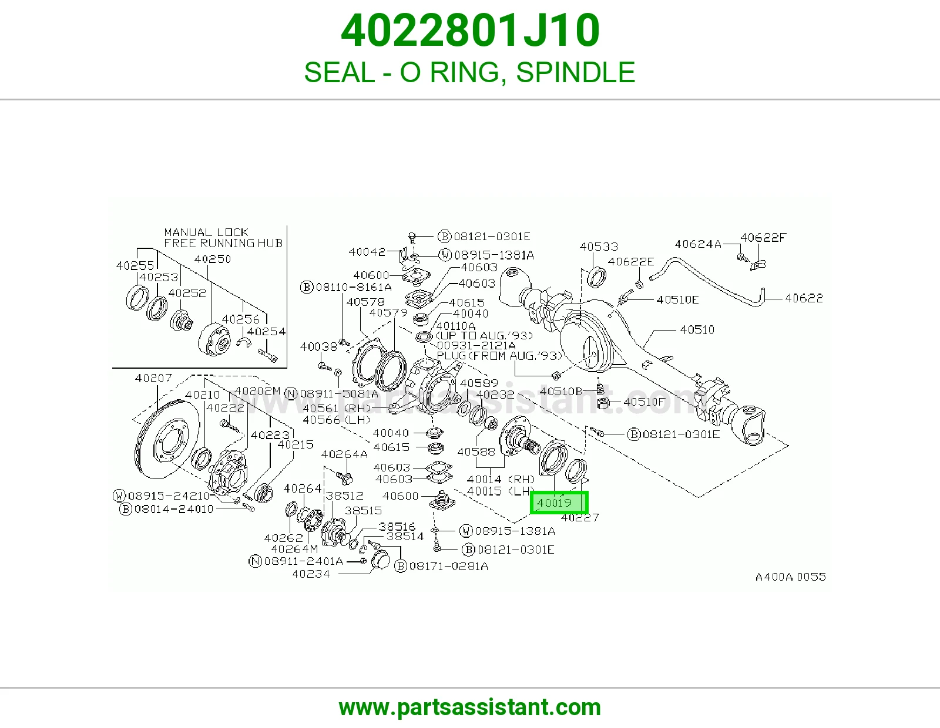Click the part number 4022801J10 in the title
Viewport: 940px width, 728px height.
[x=470, y=31]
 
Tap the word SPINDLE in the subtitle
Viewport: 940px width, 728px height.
[x=575, y=72]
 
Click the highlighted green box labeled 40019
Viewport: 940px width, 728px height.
[x=559, y=503]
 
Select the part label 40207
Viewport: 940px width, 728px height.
[x=153, y=378]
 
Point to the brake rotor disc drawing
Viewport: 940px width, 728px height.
[x=166, y=439]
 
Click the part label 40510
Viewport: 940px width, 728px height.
[x=697, y=330]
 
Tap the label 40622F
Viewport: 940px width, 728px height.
[x=763, y=237]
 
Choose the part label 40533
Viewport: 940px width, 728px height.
[x=599, y=247]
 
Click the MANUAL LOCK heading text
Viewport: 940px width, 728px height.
[x=206, y=232]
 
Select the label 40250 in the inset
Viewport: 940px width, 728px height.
[x=213, y=259]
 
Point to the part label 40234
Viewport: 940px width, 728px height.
[x=311, y=574]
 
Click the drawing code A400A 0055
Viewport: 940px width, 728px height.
[x=790, y=577]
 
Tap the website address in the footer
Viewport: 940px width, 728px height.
[x=470, y=707]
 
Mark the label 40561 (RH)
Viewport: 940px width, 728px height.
[x=337, y=408]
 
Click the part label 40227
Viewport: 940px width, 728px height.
[x=580, y=517]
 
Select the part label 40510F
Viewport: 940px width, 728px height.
[x=644, y=402]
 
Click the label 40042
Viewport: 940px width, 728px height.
[x=367, y=252]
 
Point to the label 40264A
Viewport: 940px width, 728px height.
[x=344, y=454]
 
